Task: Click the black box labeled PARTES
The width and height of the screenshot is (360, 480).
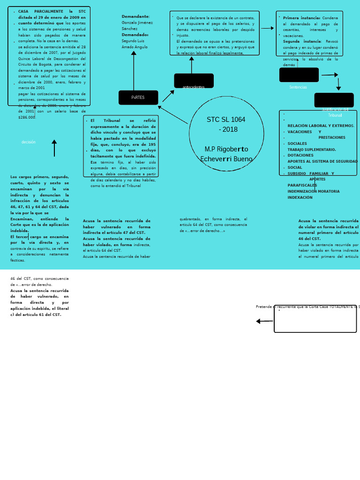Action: pyautogui.click(x=138, y=97)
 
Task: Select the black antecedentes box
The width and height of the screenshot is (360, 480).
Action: pyautogui.click(x=194, y=81)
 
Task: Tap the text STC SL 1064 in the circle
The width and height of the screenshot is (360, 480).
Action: pyautogui.click(x=226, y=120)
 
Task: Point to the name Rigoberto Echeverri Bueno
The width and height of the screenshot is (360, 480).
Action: pyautogui.click(x=226, y=154)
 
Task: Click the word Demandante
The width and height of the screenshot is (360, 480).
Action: pyautogui.click(x=135, y=16)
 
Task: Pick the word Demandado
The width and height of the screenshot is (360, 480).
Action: pyautogui.click(x=135, y=35)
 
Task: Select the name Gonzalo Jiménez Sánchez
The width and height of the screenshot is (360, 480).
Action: pyautogui.click(x=137, y=25)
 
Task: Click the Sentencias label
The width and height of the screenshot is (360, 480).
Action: pyautogui.click(x=298, y=87)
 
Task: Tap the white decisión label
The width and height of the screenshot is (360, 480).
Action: pyautogui.click(x=29, y=142)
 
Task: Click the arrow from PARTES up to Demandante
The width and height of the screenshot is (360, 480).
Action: pyautogui.click(x=134, y=70)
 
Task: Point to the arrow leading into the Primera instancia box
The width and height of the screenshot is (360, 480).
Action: pyautogui.click(x=268, y=28)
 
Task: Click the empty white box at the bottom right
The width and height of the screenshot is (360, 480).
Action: pyautogui.click(x=315, y=320)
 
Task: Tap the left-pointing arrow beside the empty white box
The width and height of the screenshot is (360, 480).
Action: pyautogui.click(x=264, y=321)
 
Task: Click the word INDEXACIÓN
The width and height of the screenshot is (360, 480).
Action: pyautogui.click(x=300, y=197)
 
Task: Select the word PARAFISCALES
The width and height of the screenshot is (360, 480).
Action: pyautogui.click(x=302, y=185)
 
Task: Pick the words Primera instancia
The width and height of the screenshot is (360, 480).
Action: pyautogui.click(x=301, y=18)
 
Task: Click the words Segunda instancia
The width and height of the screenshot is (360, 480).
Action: pyautogui.click(x=302, y=41)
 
